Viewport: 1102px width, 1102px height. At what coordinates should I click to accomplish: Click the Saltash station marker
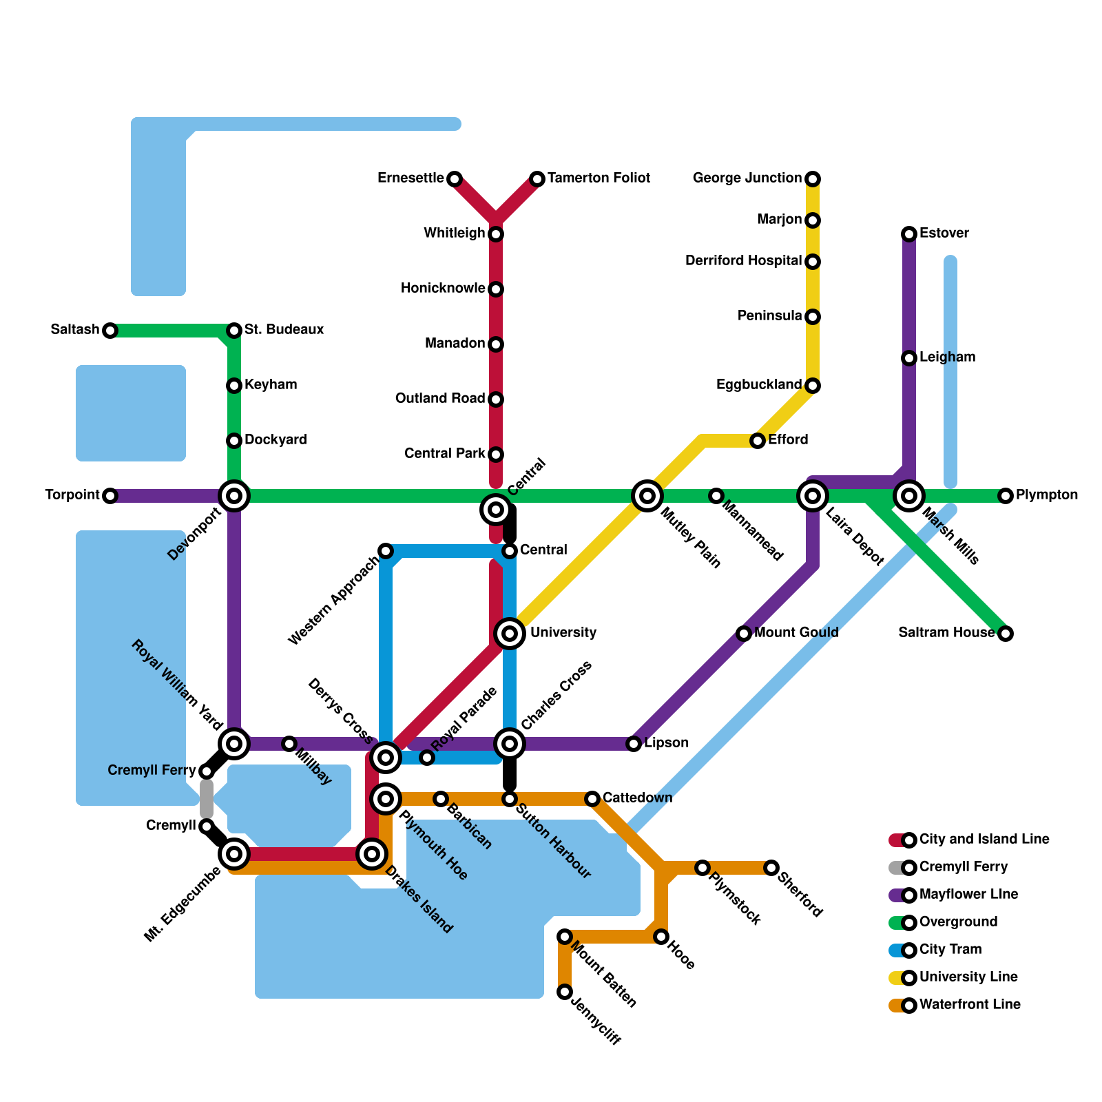(x=110, y=331)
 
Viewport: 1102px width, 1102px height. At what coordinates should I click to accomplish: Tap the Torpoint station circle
(x=110, y=496)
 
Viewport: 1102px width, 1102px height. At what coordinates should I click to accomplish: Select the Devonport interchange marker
(x=234, y=496)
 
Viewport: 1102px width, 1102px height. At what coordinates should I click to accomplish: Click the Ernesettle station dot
(x=455, y=179)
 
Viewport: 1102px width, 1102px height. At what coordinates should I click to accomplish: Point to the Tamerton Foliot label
(x=599, y=178)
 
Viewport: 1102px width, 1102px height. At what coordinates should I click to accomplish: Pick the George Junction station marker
(x=813, y=179)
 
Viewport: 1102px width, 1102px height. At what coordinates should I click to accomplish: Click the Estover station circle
(x=909, y=234)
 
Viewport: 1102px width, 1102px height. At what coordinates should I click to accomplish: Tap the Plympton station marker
(x=1006, y=496)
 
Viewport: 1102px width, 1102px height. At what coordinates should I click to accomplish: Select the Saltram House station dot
(x=1006, y=634)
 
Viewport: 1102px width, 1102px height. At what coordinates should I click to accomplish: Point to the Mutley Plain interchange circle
(x=647, y=496)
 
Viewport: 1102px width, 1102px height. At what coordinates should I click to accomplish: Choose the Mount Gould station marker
(x=744, y=634)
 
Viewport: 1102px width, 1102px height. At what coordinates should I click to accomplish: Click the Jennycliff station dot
(x=565, y=992)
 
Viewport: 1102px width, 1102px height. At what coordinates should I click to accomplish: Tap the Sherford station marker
(x=771, y=868)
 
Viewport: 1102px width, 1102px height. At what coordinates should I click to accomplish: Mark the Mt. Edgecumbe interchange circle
(x=234, y=854)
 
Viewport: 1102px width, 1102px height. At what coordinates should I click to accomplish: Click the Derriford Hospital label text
(x=743, y=261)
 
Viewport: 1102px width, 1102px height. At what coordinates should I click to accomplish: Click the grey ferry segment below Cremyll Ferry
(x=207, y=799)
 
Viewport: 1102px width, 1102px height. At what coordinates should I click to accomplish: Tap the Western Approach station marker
(x=386, y=551)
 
